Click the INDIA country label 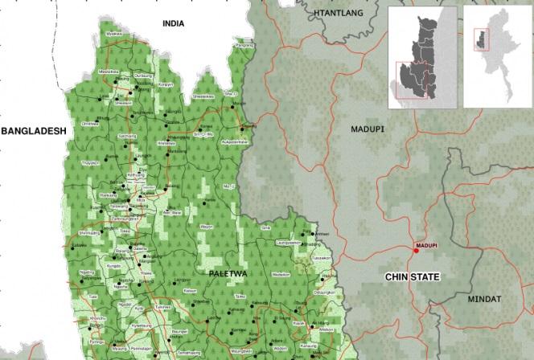pos(173,24)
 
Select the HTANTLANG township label pos(339,14)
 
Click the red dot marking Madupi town pos(417,252)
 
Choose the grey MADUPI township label pos(368,128)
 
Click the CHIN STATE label pos(416,276)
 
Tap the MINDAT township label pos(485,299)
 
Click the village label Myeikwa pos(113,35)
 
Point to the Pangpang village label pos(243,46)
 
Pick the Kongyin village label pos(166,84)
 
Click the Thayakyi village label pos(89,162)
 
